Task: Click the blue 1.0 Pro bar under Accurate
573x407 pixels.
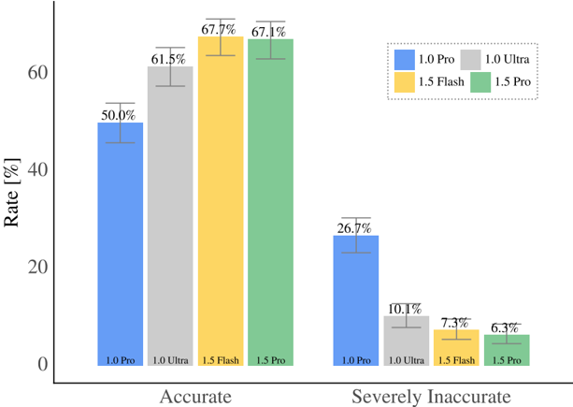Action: [121, 243]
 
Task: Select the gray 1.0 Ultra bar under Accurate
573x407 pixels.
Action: [170, 215]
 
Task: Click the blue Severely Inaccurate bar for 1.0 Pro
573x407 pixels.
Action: [356, 299]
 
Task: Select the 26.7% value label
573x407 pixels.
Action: [356, 227]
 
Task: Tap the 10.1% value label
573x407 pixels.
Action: [406, 309]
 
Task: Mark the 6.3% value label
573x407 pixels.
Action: [506, 327]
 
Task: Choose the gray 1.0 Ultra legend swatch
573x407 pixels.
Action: [471, 59]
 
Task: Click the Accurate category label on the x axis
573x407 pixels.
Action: [195, 397]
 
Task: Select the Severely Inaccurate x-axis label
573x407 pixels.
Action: [431, 397]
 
